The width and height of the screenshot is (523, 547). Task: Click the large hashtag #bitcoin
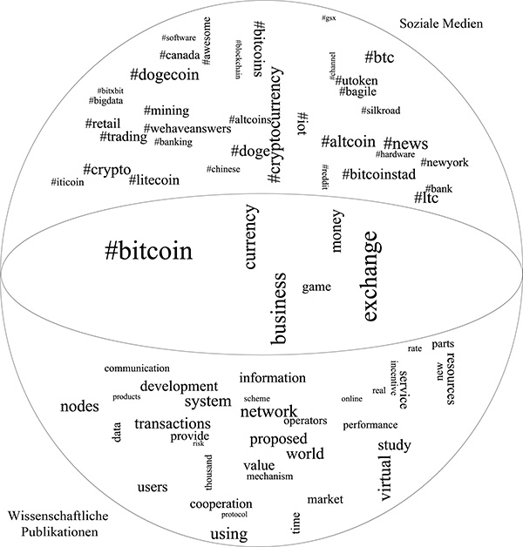tap(147, 253)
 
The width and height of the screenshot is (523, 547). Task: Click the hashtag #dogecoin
tap(165, 75)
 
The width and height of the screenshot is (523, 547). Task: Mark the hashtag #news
tap(405, 143)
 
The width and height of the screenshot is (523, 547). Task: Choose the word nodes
tap(79, 406)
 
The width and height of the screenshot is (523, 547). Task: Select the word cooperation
tap(221, 503)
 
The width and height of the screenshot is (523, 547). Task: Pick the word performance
tap(370, 425)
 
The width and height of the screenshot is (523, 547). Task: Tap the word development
tap(179, 386)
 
